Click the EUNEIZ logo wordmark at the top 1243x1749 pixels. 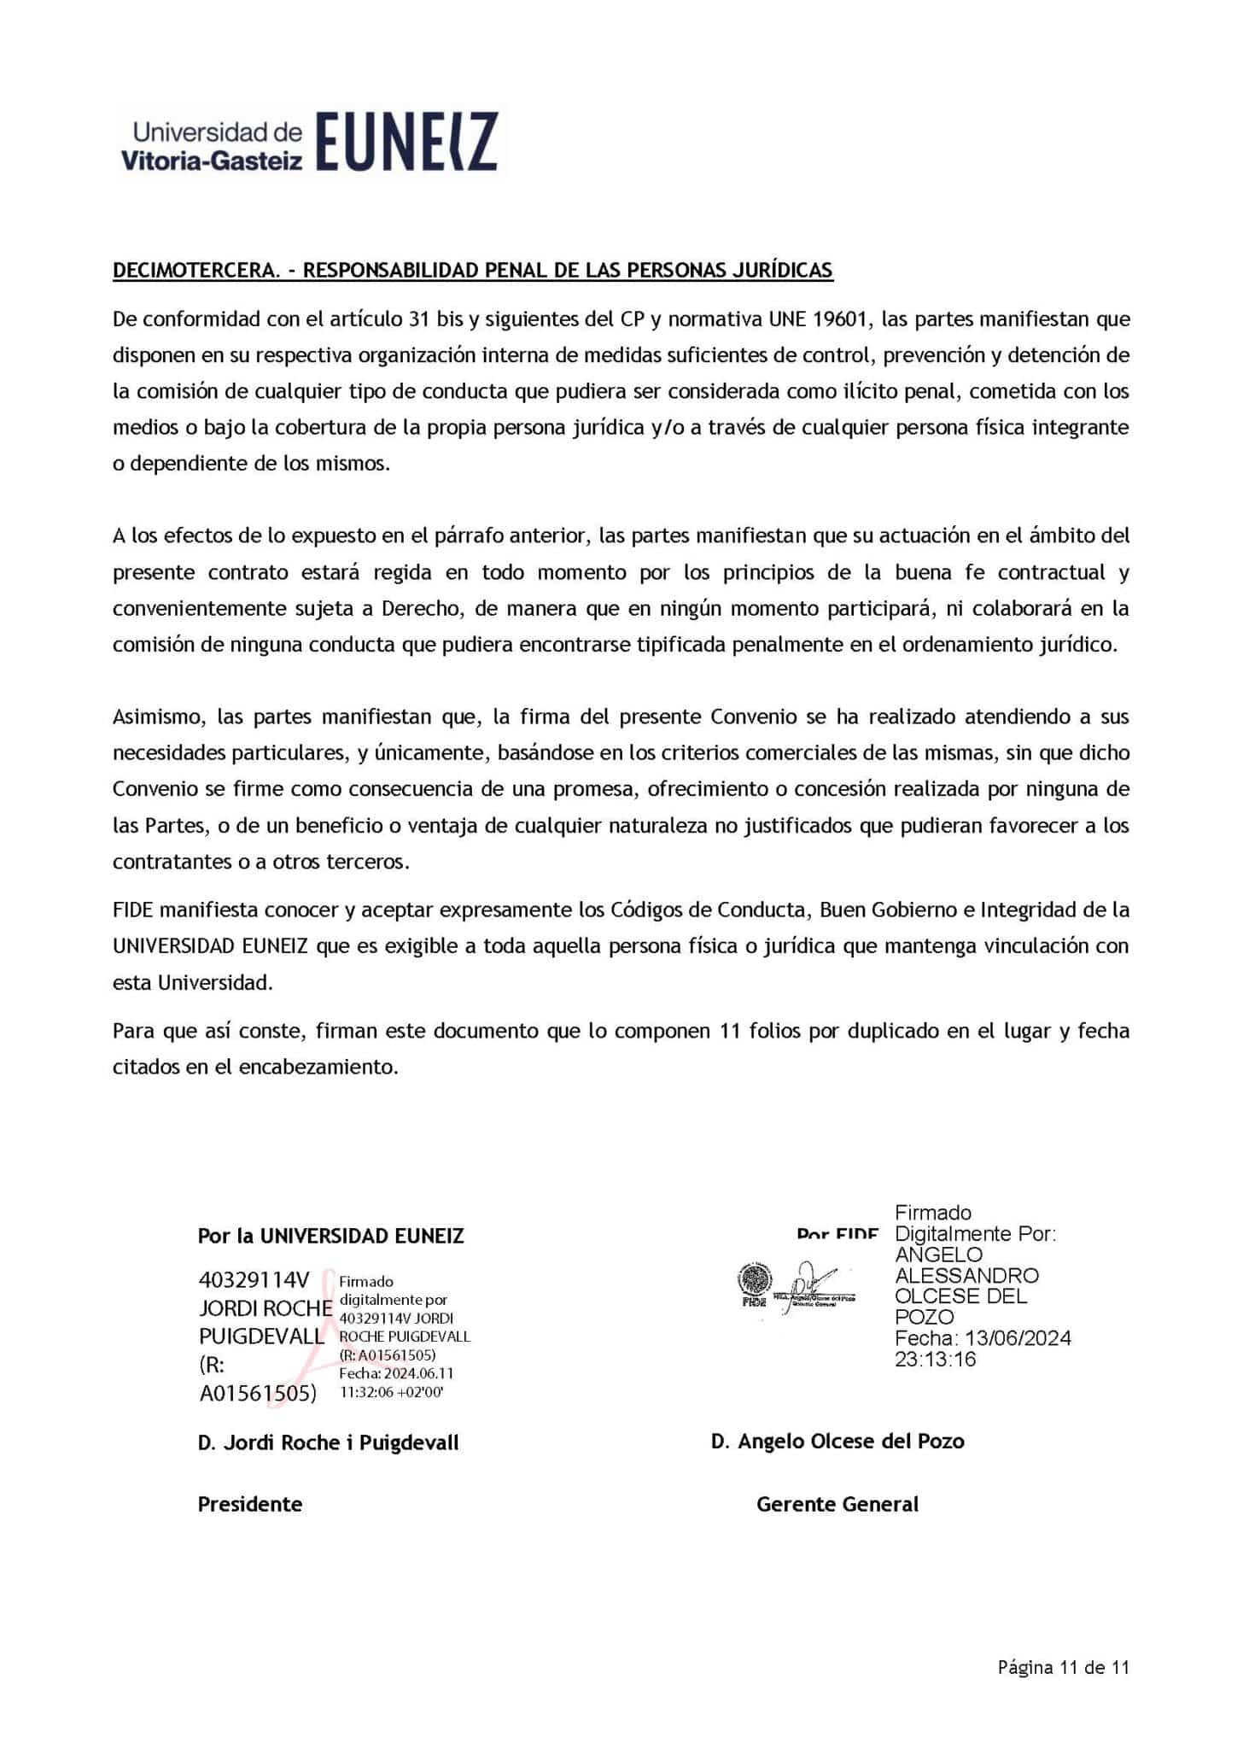pos(406,142)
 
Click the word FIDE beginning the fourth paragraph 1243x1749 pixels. pos(136,910)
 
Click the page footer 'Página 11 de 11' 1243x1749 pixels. pos(1064,1667)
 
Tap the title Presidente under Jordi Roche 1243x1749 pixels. pos(249,1504)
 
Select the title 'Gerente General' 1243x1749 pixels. pos(837,1504)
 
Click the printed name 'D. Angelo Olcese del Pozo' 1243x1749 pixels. pos(837,1441)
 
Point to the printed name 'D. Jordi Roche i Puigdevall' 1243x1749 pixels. pos(328,1442)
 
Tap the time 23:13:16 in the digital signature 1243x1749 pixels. pos(935,1359)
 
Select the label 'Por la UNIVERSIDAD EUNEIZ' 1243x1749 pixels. pos(330,1236)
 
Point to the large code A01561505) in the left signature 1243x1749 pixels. pos(258,1394)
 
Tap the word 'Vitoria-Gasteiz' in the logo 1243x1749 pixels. pos(212,160)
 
